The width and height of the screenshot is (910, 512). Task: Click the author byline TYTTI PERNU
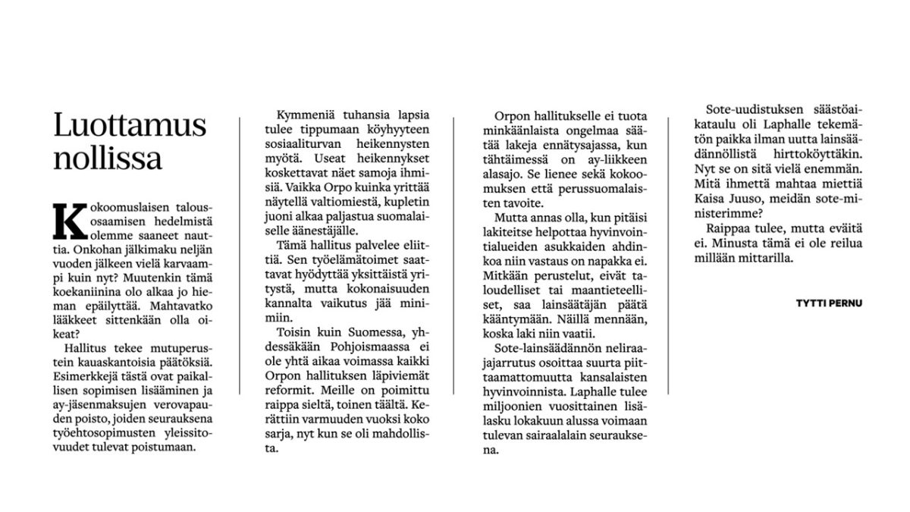click(x=829, y=302)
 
